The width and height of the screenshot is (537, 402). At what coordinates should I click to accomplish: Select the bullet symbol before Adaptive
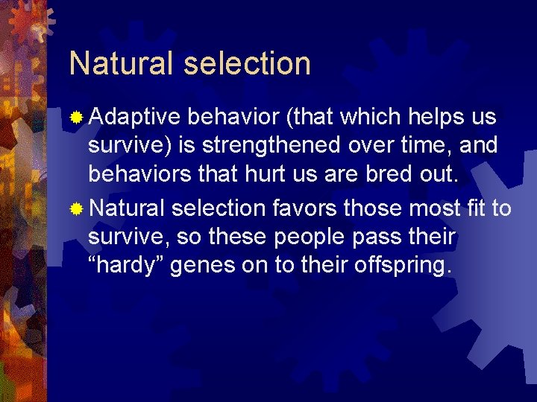(x=76, y=118)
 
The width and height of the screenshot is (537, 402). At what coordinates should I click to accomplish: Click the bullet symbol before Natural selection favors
(x=76, y=208)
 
